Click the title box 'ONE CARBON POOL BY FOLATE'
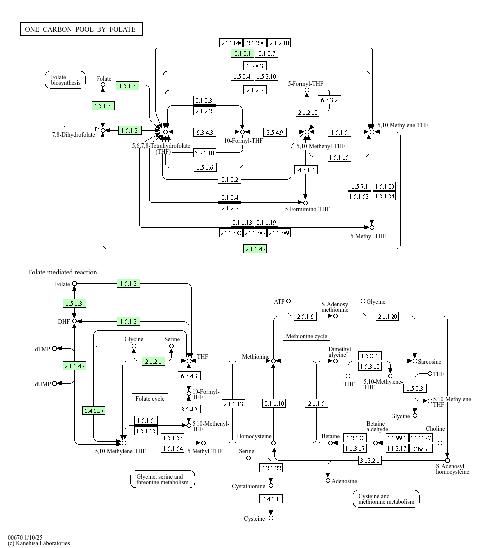(81, 29)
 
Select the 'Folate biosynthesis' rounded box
(65, 80)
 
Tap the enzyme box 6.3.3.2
(329, 100)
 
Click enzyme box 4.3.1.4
(306, 170)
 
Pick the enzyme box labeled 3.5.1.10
(204, 153)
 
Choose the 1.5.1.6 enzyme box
(205, 168)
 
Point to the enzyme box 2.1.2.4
(230, 197)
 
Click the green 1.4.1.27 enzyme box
(94, 411)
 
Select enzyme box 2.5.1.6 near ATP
(305, 316)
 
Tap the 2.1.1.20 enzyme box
(388, 316)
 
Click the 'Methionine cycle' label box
(306, 336)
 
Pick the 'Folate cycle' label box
(150, 398)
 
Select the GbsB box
(420, 448)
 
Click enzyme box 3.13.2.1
(370, 460)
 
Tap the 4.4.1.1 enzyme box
(271, 499)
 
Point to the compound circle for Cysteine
(271, 518)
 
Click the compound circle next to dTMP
(54, 348)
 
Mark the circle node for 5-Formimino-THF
(306, 203)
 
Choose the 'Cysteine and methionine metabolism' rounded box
(387, 499)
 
